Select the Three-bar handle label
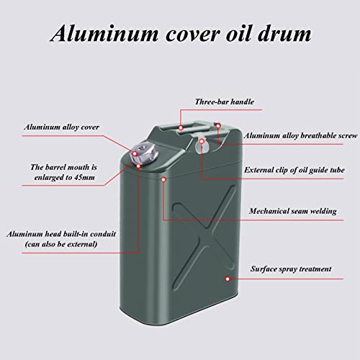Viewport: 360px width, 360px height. (x=225, y=102)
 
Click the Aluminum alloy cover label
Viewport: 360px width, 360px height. (x=61, y=127)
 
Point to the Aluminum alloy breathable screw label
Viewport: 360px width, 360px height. (x=300, y=136)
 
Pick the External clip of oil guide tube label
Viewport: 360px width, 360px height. (x=294, y=170)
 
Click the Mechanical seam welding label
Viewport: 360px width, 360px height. (x=293, y=211)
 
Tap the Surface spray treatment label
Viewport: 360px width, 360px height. (x=291, y=269)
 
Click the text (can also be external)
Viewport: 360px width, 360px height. (x=61, y=244)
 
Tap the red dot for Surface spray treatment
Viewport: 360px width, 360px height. (x=228, y=279)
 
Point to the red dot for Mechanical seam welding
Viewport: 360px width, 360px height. (x=163, y=179)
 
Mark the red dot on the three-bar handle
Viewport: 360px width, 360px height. (x=181, y=128)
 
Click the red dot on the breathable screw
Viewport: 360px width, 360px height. (x=218, y=125)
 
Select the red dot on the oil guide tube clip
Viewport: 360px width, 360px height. (x=202, y=141)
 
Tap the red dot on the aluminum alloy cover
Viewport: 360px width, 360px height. (x=135, y=153)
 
